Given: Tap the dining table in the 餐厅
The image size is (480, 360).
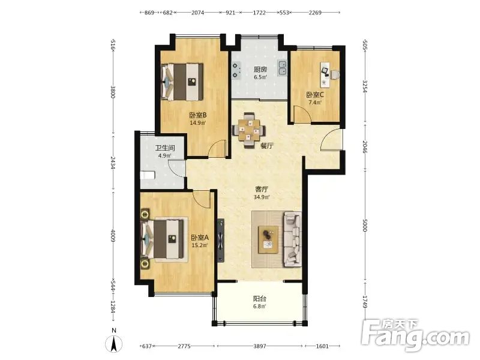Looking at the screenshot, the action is pos(249,130).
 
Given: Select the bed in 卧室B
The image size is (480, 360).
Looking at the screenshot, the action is pos(182,82).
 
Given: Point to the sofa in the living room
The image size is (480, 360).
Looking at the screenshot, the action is pos(292,239).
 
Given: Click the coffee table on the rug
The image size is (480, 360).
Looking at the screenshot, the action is pos(268,239).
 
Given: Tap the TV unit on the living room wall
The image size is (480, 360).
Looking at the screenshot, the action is pos(220,241).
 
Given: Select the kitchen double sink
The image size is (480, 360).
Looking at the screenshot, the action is pos(282,68).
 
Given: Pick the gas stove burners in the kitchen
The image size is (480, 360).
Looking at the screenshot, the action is pos(235,70).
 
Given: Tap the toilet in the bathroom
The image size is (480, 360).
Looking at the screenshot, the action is pos(148,175).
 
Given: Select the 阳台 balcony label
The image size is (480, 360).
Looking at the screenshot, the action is pos(260,298).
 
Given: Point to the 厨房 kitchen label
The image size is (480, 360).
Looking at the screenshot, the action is pos(260,70).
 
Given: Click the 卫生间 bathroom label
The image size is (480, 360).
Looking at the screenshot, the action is pos(165,148).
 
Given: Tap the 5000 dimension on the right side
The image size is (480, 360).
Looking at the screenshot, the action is pos(365,226).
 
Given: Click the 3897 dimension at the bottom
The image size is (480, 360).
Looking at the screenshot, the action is pos(260,346).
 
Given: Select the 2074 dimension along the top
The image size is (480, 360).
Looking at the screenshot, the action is pos(197,13).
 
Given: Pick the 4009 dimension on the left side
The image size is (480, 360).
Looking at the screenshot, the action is pos(113,236).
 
